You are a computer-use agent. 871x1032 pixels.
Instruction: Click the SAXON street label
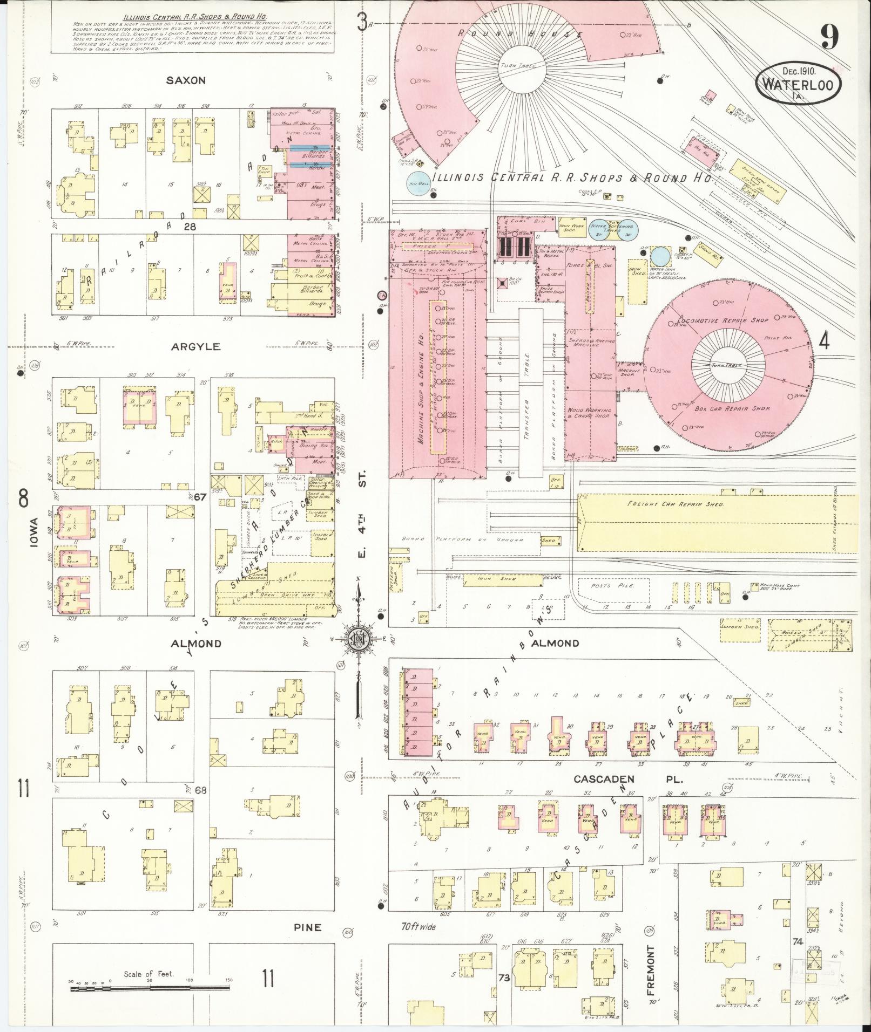click(x=186, y=80)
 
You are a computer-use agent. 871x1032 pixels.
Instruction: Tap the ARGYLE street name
click(x=196, y=346)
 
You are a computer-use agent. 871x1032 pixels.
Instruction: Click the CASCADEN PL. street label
click(x=628, y=780)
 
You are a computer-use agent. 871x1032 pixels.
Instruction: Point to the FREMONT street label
click(x=651, y=970)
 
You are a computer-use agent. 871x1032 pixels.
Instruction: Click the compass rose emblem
click(x=358, y=638)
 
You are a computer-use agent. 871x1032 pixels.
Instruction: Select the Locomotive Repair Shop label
click(x=722, y=320)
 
